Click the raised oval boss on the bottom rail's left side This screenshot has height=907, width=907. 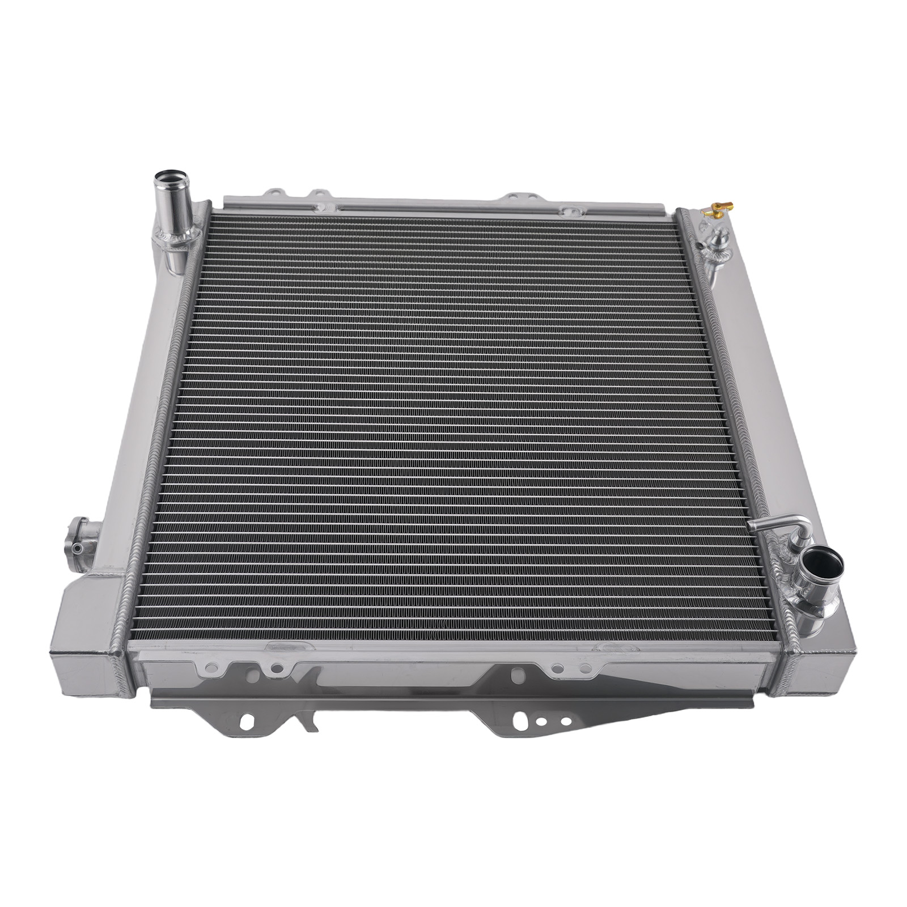click(283, 646)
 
